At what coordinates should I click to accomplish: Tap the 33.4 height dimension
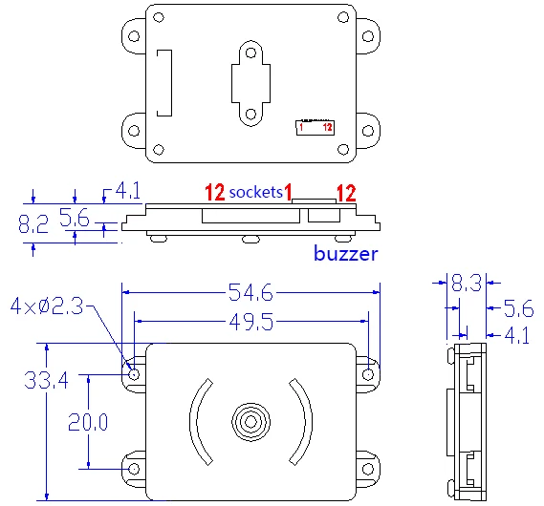coord(46,381)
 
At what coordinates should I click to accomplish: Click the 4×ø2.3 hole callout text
coord(47,306)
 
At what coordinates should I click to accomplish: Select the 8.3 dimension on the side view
coord(468,283)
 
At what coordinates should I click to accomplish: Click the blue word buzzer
coord(346,254)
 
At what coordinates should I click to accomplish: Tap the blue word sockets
coord(256,192)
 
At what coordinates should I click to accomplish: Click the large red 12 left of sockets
coord(214,192)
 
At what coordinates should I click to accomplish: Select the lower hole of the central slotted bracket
coord(250,114)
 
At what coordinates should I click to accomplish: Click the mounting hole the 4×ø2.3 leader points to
coord(134,373)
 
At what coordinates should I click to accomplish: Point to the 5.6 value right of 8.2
coord(75,219)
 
